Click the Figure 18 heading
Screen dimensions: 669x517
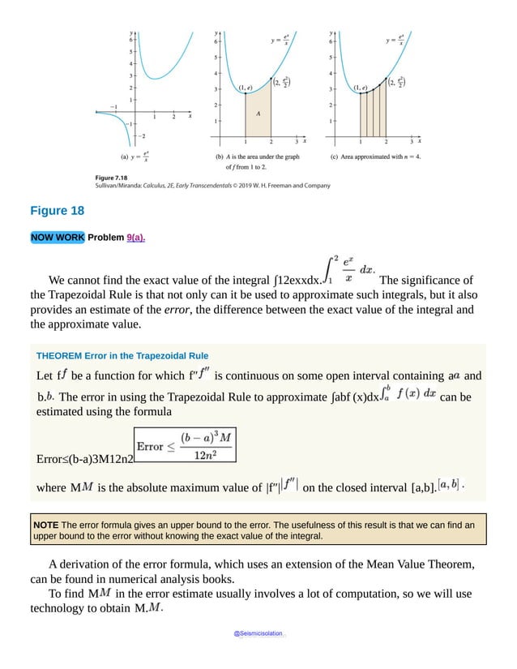(57, 211)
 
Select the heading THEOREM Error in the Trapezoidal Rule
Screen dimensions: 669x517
(122, 355)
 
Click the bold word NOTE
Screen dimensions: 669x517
(45, 525)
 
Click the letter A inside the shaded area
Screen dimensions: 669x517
(257, 114)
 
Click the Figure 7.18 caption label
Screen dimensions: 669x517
(113, 176)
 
